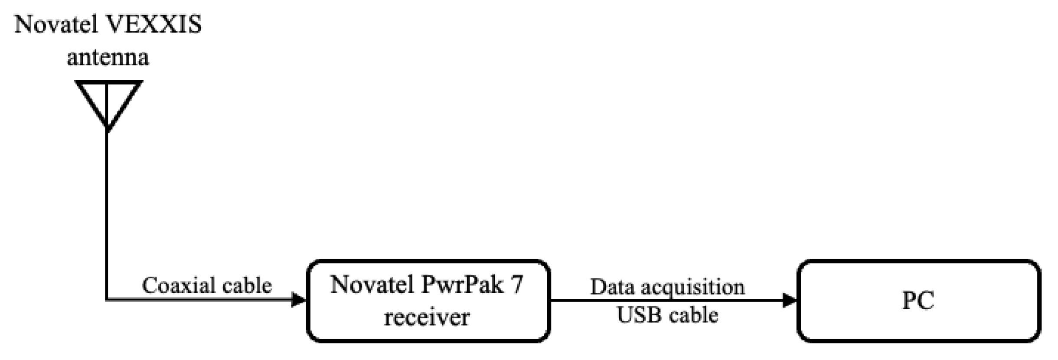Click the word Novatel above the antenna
(x=56, y=24)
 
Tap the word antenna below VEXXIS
(x=108, y=58)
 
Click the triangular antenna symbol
(x=108, y=101)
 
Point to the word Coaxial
(x=178, y=285)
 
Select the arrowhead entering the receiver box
(x=299, y=300)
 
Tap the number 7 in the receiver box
(x=517, y=285)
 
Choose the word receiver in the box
(x=427, y=317)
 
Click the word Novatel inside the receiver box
(x=372, y=285)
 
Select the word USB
(x=636, y=315)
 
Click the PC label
(x=918, y=300)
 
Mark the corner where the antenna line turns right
(x=107, y=300)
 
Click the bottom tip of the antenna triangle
(x=107, y=128)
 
